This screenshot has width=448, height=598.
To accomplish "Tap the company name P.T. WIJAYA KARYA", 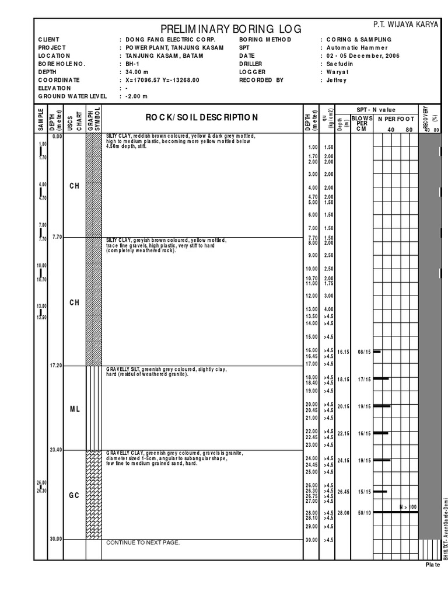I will click(405, 24).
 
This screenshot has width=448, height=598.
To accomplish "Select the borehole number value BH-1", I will click(132, 63).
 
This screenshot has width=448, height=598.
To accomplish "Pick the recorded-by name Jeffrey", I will click(337, 79).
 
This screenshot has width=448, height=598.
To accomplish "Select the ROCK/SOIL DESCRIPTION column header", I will click(201, 117).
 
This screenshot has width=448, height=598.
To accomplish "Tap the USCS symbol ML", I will click(74, 409).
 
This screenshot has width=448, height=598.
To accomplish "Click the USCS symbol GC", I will click(74, 495).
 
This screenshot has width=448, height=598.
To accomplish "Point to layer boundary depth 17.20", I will click(57, 365).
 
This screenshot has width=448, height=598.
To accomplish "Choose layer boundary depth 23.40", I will click(57, 449).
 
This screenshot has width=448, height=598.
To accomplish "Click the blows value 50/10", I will click(365, 513).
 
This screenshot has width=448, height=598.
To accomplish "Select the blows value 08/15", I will click(365, 352).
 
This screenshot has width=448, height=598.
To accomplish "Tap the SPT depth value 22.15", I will click(342, 433).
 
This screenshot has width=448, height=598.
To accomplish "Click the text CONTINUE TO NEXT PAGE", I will click(143, 543).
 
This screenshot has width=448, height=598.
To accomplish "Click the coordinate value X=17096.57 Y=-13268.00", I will click(162, 79).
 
